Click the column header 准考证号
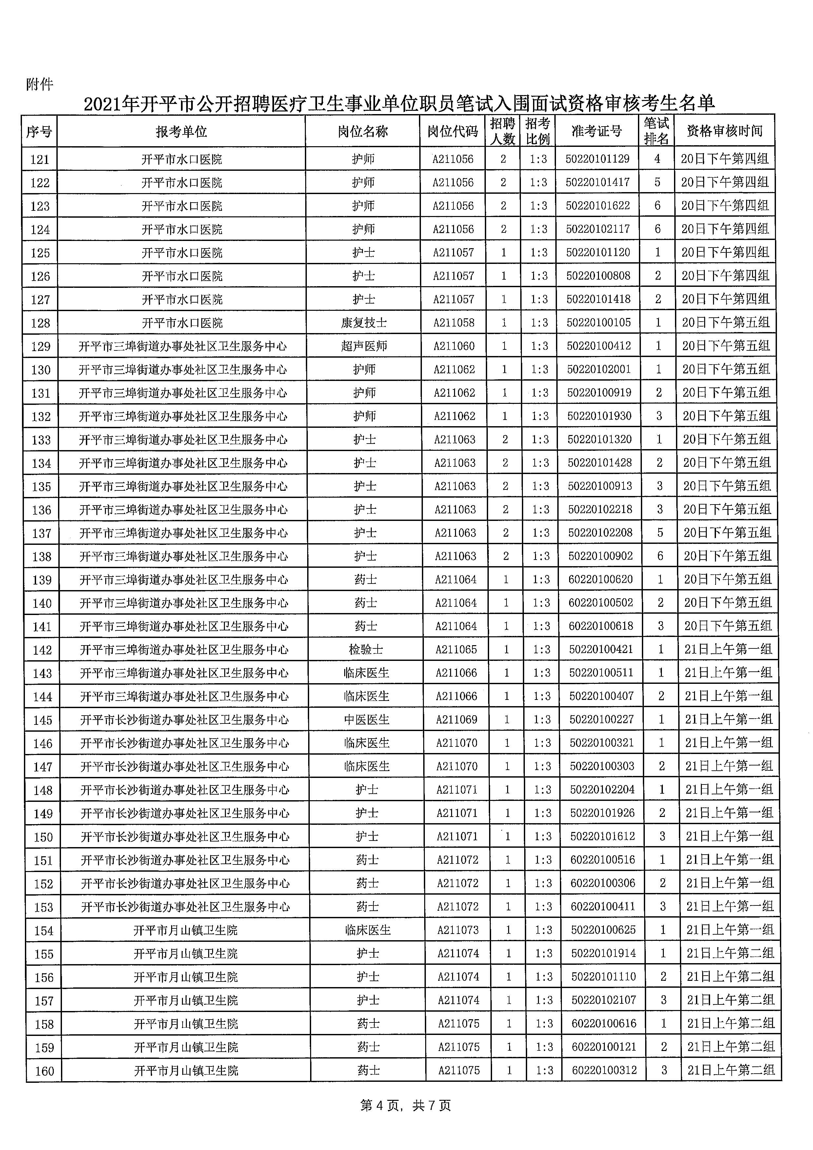(597, 131)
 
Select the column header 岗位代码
(452, 131)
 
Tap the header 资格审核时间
(724, 131)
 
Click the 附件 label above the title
(39, 84)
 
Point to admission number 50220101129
(597, 159)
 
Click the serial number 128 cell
(41, 323)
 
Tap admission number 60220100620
(600, 580)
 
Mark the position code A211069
(456, 720)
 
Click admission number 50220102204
(602, 790)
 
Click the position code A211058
(454, 323)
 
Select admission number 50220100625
(603, 930)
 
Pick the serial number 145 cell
(43, 720)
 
